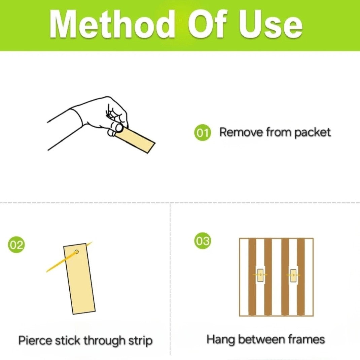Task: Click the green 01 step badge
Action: point(202,133)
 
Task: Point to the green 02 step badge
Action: point(16,245)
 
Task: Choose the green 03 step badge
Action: point(203,241)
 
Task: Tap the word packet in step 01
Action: point(312,133)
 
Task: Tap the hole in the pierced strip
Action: point(77,252)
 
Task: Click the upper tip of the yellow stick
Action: point(93,242)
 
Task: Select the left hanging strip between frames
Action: point(260,275)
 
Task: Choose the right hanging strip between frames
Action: point(293,275)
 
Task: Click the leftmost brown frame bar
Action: point(252,277)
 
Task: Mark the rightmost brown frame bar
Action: point(301,277)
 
